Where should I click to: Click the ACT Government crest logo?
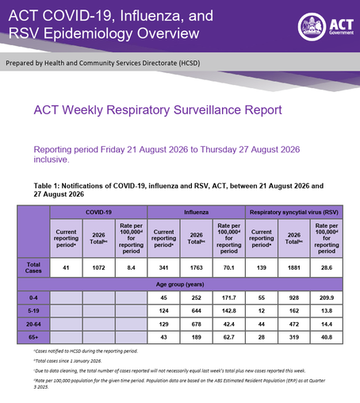(312, 27)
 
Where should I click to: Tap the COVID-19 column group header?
(98, 212)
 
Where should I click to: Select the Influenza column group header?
(196, 212)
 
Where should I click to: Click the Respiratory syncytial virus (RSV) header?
(294, 212)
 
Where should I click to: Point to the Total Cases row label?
(33, 267)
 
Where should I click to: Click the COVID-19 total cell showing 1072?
(98, 267)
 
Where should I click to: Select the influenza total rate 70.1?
(229, 267)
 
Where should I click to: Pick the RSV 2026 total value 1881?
(294, 267)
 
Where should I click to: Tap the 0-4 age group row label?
(33, 297)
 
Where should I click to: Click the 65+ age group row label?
(33, 337)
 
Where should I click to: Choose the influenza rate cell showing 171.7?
(229, 297)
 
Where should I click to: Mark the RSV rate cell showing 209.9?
(327, 297)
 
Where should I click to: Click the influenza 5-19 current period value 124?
(163, 311)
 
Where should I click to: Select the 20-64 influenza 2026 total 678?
(196, 324)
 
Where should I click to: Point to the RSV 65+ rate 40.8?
(327, 337)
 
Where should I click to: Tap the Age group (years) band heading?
(180, 284)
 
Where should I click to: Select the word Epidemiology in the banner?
(88, 33)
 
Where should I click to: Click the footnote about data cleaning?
(170, 370)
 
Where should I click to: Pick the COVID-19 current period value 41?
(66, 267)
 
